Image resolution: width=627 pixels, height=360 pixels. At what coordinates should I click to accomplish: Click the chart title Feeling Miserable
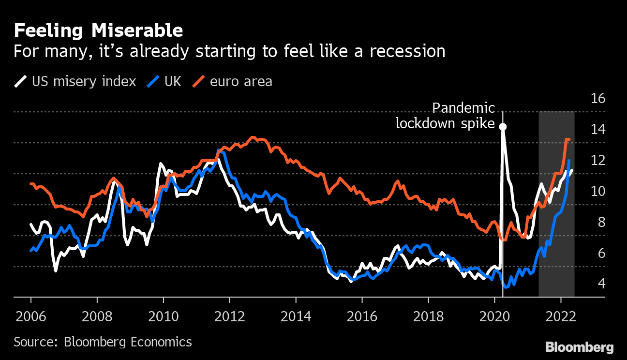pyautogui.click(x=98, y=31)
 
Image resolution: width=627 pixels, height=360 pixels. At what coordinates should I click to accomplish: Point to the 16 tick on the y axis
pyautogui.click(x=598, y=99)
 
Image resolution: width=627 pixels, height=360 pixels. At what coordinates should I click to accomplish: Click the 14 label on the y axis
pyautogui.click(x=598, y=130)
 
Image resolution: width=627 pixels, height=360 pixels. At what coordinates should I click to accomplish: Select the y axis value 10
pyautogui.click(x=598, y=191)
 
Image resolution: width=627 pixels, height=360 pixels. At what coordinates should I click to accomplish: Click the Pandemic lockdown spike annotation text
pyautogui.click(x=446, y=116)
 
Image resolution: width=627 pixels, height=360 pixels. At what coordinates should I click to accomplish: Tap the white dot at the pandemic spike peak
pyautogui.click(x=503, y=127)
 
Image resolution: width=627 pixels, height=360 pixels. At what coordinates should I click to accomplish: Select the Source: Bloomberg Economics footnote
pyautogui.click(x=103, y=342)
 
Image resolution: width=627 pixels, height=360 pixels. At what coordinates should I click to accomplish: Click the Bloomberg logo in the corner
pyautogui.click(x=579, y=347)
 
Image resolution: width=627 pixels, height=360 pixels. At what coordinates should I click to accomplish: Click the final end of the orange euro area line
pyautogui.click(x=569, y=139)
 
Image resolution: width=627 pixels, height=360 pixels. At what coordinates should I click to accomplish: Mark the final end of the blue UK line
pyautogui.click(x=569, y=161)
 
